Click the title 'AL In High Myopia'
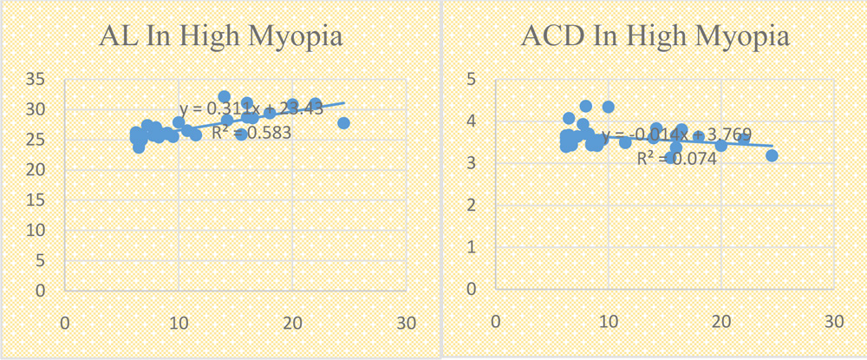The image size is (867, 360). [x=221, y=37]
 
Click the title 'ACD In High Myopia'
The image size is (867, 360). [x=655, y=37]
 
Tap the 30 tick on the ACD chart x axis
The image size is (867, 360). [x=833, y=321]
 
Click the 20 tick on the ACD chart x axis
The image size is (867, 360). [x=720, y=321]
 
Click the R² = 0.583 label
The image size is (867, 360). [x=251, y=134]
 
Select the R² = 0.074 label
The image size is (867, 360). [x=676, y=159]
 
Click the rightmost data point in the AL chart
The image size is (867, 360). [x=343, y=123]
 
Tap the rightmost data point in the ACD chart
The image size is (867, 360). [x=772, y=155]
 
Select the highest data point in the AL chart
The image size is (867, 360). [x=224, y=97]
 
